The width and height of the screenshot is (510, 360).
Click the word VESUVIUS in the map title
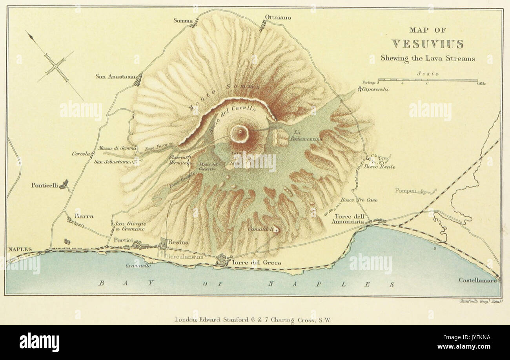pos(427,44)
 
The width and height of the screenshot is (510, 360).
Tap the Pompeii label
pos(406,190)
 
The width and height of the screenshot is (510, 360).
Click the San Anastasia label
pos(115,76)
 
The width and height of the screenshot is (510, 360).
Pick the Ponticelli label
pos(44,185)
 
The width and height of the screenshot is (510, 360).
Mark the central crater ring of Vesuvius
pos(240,134)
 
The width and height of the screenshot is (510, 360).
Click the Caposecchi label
pos(375,90)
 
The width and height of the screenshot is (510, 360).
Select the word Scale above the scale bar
pos(428,73)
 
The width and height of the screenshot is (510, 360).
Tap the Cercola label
pos(81,154)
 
